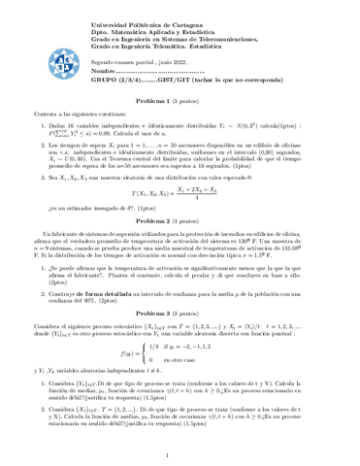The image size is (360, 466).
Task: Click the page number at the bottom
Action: (x=180, y=453)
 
